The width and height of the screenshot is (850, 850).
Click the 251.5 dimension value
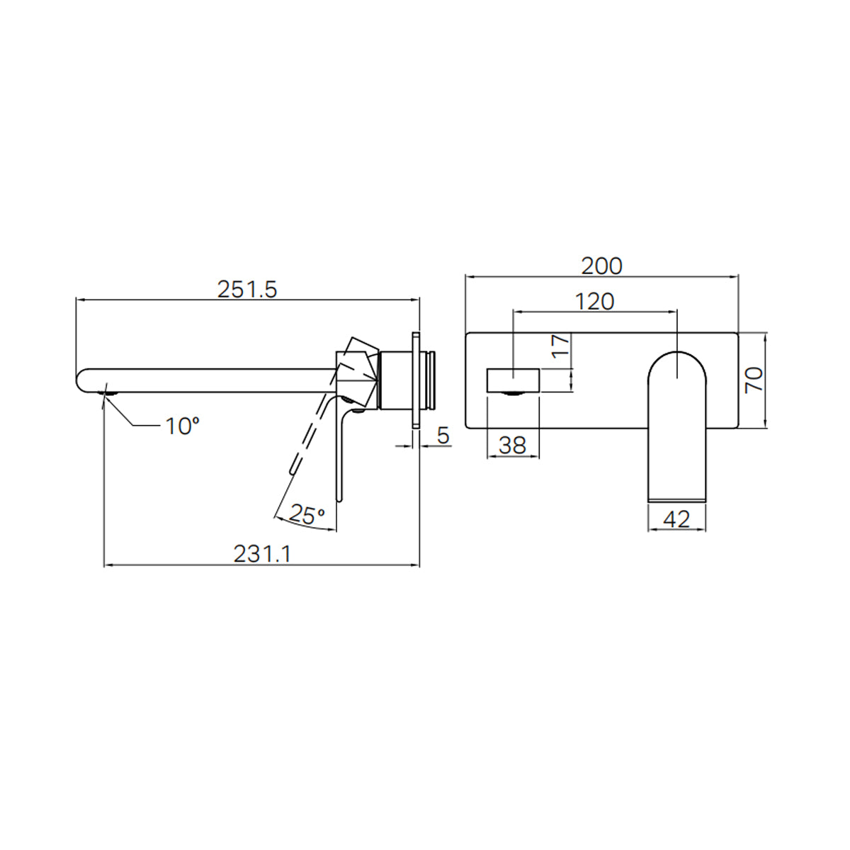[x=246, y=289]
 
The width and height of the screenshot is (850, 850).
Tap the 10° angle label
[x=182, y=426]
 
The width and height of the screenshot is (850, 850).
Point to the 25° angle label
[x=307, y=515]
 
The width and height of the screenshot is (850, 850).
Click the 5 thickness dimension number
[x=443, y=435]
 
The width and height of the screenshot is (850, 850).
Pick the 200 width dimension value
[x=601, y=266]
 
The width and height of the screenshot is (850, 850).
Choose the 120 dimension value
[x=594, y=301]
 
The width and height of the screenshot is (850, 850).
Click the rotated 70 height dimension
[x=754, y=380]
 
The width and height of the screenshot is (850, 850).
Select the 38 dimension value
[x=513, y=445]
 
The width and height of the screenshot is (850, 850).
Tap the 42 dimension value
[x=677, y=518]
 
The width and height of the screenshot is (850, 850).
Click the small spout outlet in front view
[x=513, y=380]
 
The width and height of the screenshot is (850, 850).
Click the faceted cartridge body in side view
[x=358, y=373]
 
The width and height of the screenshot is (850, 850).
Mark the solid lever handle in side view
[x=342, y=453]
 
